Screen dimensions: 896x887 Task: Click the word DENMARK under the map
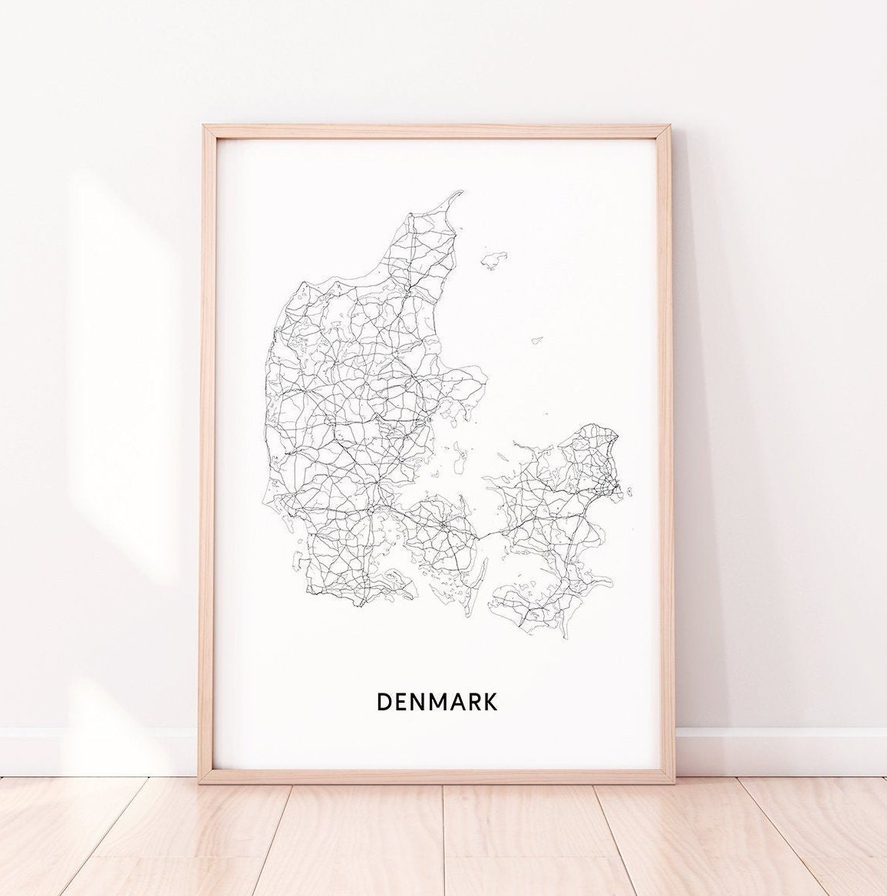pyautogui.click(x=437, y=701)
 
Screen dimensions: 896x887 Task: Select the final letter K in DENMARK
pyautogui.click(x=490, y=701)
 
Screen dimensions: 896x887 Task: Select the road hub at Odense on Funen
pyautogui.click(x=443, y=525)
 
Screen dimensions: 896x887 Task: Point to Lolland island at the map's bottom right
pyautogui.click(x=529, y=606)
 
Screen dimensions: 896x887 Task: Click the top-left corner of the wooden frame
pyautogui.click(x=204, y=127)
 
